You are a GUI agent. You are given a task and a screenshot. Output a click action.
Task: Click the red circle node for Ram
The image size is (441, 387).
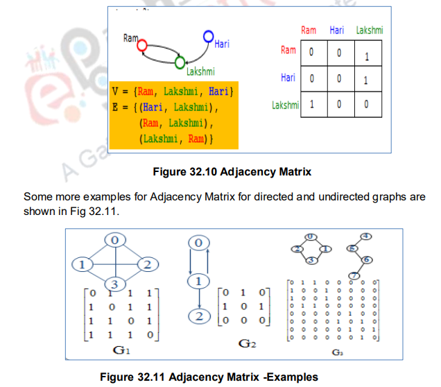141,46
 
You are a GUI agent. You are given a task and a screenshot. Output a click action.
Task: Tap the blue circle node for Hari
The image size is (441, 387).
208,36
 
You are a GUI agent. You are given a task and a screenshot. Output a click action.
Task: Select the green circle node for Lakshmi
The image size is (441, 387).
180,63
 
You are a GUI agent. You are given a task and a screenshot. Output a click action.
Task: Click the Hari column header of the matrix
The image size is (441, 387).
337,31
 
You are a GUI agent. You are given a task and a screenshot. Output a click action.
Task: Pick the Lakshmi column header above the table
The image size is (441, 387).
369,31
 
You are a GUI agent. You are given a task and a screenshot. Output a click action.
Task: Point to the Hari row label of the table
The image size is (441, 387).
288,78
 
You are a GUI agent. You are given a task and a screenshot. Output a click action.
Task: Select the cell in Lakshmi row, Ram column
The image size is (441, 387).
312,105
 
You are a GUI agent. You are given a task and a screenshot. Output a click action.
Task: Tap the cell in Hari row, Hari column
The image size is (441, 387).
339,80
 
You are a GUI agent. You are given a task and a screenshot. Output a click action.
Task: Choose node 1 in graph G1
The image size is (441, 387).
82,264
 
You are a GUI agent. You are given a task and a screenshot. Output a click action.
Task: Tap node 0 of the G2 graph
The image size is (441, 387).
199,244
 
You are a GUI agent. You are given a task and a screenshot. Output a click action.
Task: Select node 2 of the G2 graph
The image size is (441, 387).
199,316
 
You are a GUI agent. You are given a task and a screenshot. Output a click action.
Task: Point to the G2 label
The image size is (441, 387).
248,344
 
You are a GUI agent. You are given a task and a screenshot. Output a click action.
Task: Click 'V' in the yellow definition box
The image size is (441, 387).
115,90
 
